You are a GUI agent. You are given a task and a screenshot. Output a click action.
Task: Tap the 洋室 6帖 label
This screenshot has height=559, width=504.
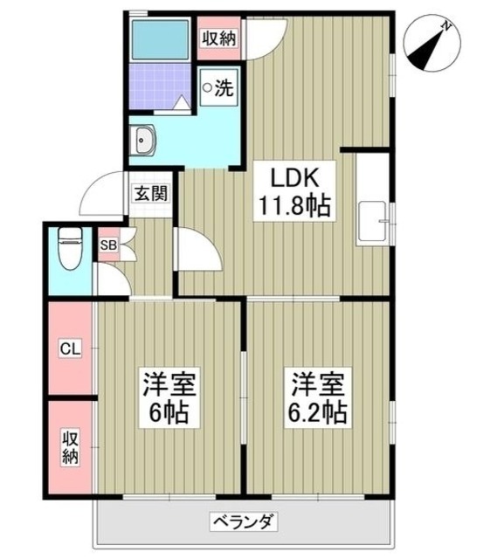coord(169,397)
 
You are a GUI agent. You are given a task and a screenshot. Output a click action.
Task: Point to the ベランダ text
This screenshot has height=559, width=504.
coord(244,523)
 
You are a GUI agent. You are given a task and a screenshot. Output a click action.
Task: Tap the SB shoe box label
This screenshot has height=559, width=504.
coord(107,245)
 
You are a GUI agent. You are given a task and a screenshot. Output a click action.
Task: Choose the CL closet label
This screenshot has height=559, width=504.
coord(69,349)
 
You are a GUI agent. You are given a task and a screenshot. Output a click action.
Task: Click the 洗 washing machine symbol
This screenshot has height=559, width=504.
coord(218,88)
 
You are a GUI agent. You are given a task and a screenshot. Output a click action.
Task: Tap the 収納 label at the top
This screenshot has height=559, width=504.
coord(217,38)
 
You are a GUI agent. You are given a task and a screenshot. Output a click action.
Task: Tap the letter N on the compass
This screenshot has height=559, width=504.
coord(446,27)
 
